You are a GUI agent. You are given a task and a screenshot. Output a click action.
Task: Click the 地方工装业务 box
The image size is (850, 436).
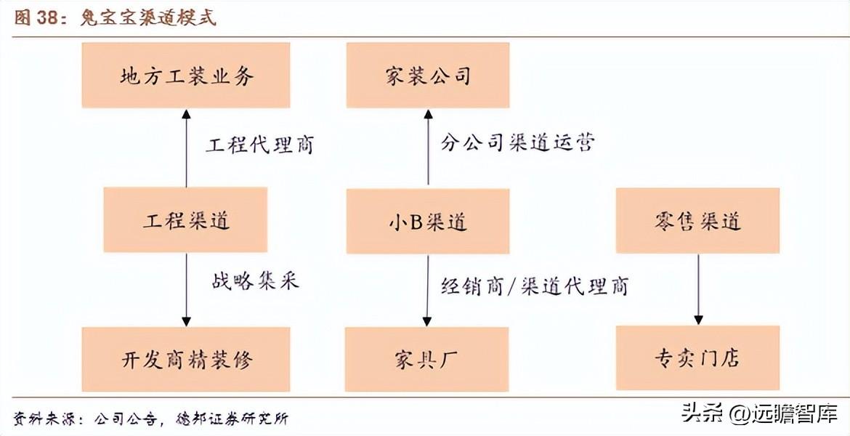click(x=186, y=75)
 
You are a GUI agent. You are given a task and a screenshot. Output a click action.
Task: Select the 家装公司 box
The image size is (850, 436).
click(x=428, y=75)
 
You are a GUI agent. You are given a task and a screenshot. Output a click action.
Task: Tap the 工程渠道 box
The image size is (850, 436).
click(x=185, y=219)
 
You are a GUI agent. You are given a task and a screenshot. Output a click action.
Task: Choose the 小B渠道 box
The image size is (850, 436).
click(x=428, y=221)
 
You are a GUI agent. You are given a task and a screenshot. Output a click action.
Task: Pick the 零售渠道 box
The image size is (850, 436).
click(x=697, y=221)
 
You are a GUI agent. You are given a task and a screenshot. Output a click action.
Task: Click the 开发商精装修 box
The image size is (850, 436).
click(x=186, y=359)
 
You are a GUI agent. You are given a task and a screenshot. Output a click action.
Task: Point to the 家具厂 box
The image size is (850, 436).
click(x=426, y=359)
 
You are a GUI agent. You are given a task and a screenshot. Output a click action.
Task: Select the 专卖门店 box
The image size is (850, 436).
click(x=697, y=358)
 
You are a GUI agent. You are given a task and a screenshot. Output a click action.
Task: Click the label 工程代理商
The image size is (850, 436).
click(x=259, y=145)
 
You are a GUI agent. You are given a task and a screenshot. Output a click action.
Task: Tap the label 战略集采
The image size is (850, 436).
click(x=255, y=281)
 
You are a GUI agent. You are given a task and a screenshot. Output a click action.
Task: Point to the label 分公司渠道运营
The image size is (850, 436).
click(x=518, y=142)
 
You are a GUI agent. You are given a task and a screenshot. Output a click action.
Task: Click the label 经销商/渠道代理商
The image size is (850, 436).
click(x=535, y=286)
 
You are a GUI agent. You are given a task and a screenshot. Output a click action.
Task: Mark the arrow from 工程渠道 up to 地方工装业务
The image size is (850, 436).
click(x=186, y=148)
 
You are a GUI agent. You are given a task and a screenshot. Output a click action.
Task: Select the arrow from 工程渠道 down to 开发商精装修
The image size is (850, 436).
click(x=187, y=290)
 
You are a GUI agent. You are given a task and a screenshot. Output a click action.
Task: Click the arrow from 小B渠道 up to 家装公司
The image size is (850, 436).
click(x=428, y=148)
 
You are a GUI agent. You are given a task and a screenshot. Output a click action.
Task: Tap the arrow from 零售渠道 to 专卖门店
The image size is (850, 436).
click(x=698, y=290)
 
